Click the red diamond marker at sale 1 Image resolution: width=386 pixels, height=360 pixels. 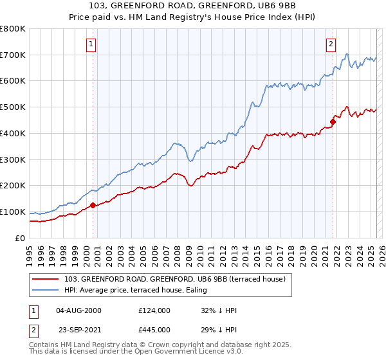[93, 205]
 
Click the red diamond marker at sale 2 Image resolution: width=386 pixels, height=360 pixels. [333, 121]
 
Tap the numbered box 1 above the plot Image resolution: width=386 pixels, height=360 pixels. [91, 44]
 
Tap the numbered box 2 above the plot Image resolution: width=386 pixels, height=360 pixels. [331, 44]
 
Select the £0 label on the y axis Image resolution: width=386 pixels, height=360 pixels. [21, 238]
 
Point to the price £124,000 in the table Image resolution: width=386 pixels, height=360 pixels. [154, 310]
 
